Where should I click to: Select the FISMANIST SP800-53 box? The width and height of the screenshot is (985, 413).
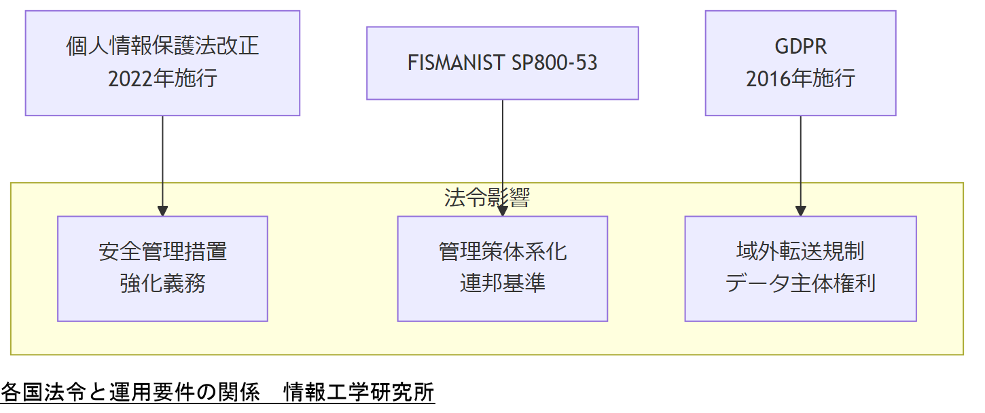pyautogui.click(x=502, y=63)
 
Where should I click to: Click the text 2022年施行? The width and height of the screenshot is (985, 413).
pyautogui.click(x=162, y=79)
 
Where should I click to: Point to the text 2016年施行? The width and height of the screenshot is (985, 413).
pyautogui.click(x=800, y=79)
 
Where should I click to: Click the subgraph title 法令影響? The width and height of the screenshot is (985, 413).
pyautogui.click(x=486, y=198)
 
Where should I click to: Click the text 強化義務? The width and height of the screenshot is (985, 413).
pyautogui.click(x=162, y=283)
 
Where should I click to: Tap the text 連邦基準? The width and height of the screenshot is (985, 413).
pyautogui.click(x=502, y=283)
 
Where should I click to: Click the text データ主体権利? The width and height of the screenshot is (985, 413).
pyautogui.click(x=800, y=283)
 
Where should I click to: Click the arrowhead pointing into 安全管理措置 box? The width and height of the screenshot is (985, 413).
pyautogui.click(x=162, y=211)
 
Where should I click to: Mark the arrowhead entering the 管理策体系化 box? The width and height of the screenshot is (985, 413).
pyautogui.click(x=503, y=211)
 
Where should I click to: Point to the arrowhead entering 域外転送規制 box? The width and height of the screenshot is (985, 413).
pyautogui.click(x=800, y=211)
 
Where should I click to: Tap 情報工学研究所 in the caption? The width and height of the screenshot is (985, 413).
pyautogui.click(x=359, y=393)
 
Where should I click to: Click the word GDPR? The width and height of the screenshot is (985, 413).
pyautogui.click(x=800, y=46)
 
